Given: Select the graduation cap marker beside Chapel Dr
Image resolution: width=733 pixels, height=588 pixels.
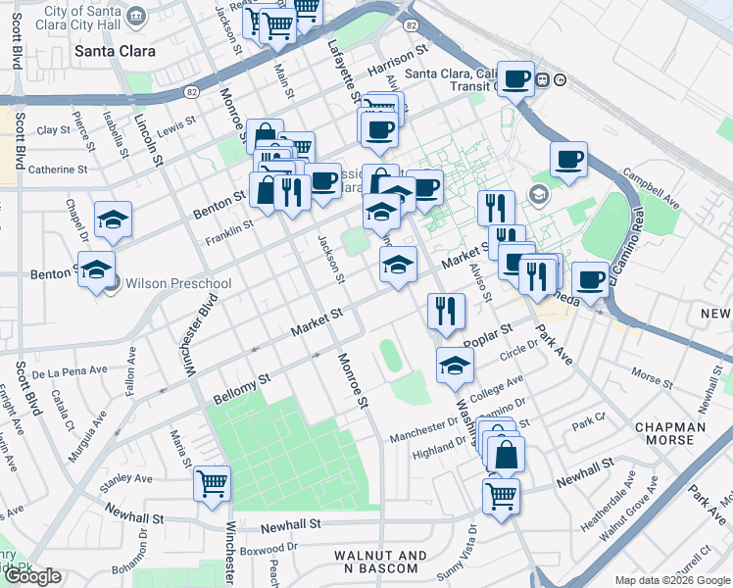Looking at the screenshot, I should [x=114, y=220].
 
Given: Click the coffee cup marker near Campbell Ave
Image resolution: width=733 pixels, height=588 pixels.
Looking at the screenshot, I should [x=568, y=160].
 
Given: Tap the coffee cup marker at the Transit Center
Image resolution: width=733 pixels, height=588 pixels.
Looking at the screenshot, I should [x=515, y=78].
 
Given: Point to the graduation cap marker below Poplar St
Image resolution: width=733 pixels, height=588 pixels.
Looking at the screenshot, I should [x=455, y=366].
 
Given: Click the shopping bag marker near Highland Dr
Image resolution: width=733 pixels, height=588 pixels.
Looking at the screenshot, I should [x=506, y=455].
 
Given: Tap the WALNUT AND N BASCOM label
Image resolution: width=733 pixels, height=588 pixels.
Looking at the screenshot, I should [x=380, y=563].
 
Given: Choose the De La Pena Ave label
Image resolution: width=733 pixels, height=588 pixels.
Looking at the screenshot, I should [x=68, y=374].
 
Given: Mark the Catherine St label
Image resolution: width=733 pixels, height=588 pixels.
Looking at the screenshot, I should [x=58, y=170].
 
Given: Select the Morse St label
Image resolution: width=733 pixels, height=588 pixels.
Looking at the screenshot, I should [x=652, y=374].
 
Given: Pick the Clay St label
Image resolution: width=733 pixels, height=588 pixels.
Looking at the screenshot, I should [x=47, y=130].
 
